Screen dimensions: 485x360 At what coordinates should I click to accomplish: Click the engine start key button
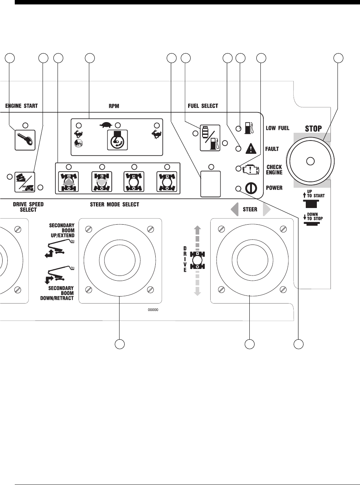point(25,140)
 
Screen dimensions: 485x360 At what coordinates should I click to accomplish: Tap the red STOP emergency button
point(311,161)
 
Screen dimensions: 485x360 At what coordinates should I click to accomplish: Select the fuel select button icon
point(210,138)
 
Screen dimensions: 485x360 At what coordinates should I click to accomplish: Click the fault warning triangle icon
point(250,149)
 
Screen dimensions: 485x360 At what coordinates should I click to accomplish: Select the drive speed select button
point(25,182)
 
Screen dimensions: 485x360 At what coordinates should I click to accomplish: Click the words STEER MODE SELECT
point(114,204)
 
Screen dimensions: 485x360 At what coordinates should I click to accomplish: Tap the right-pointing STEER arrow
point(266,209)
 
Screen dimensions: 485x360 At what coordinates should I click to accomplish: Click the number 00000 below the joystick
point(153,310)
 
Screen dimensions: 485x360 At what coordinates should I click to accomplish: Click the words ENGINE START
point(21,106)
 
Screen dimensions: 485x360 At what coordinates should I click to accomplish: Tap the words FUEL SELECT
point(200,106)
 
